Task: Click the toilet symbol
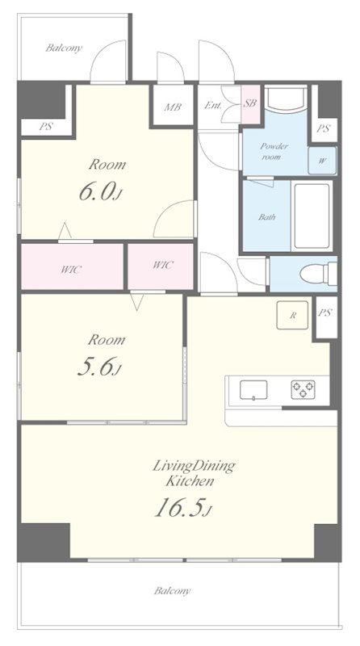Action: (x=318, y=274)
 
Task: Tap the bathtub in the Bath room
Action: (x=312, y=216)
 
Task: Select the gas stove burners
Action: (x=303, y=389)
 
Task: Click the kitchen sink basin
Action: (x=253, y=390)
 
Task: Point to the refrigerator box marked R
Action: (x=292, y=315)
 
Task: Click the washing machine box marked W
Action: (x=322, y=160)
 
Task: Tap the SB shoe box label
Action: (x=249, y=103)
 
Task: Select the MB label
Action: (x=173, y=107)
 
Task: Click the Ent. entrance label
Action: (x=212, y=105)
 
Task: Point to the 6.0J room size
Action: (x=100, y=192)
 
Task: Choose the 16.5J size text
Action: (x=183, y=508)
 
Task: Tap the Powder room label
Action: (x=274, y=151)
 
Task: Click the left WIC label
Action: (x=71, y=270)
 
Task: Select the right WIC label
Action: (x=163, y=265)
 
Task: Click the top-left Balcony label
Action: (x=64, y=48)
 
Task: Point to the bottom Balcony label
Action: (x=172, y=591)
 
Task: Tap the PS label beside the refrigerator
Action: (x=325, y=313)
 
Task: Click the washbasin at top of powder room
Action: (x=286, y=99)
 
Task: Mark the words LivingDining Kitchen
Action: (x=194, y=473)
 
